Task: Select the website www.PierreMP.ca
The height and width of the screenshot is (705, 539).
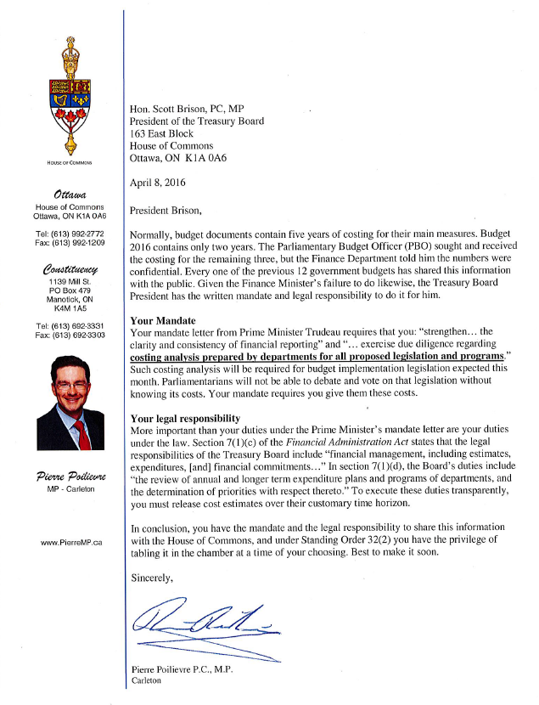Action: (71, 541)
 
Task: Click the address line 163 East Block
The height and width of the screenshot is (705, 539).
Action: (161, 133)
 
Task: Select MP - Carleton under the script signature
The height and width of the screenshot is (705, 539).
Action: (70, 491)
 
